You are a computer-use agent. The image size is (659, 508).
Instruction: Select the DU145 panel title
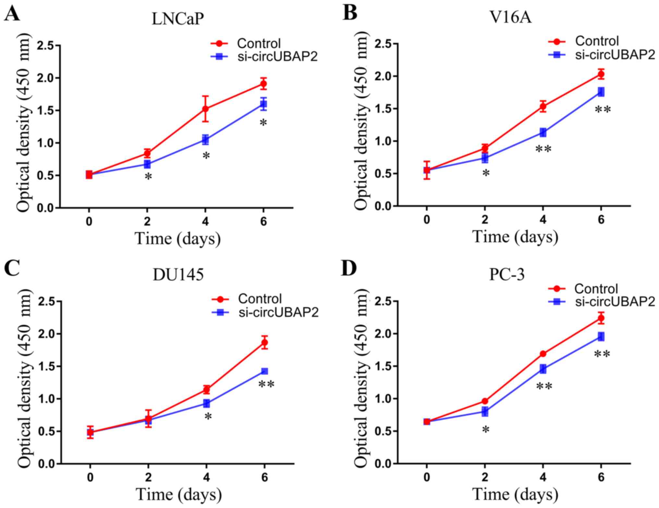[178, 275]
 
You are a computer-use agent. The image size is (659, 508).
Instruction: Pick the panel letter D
[349, 270]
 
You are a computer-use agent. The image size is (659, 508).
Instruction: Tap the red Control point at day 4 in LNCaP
[205, 109]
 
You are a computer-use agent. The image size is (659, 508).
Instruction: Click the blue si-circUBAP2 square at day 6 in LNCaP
[263, 104]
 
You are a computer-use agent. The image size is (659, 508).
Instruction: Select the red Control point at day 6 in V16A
[601, 74]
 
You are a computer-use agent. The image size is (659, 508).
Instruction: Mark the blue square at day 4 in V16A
[543, 132]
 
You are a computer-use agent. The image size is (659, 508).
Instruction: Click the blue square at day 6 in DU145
[264, 371]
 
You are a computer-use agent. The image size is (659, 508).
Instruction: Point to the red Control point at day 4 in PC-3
[543, 353]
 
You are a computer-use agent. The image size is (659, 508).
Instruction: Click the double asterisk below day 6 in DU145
[266, 385]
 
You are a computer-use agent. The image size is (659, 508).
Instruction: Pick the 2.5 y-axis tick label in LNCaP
[45, 46]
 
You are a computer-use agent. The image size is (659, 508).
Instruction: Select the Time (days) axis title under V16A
[515, 236]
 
